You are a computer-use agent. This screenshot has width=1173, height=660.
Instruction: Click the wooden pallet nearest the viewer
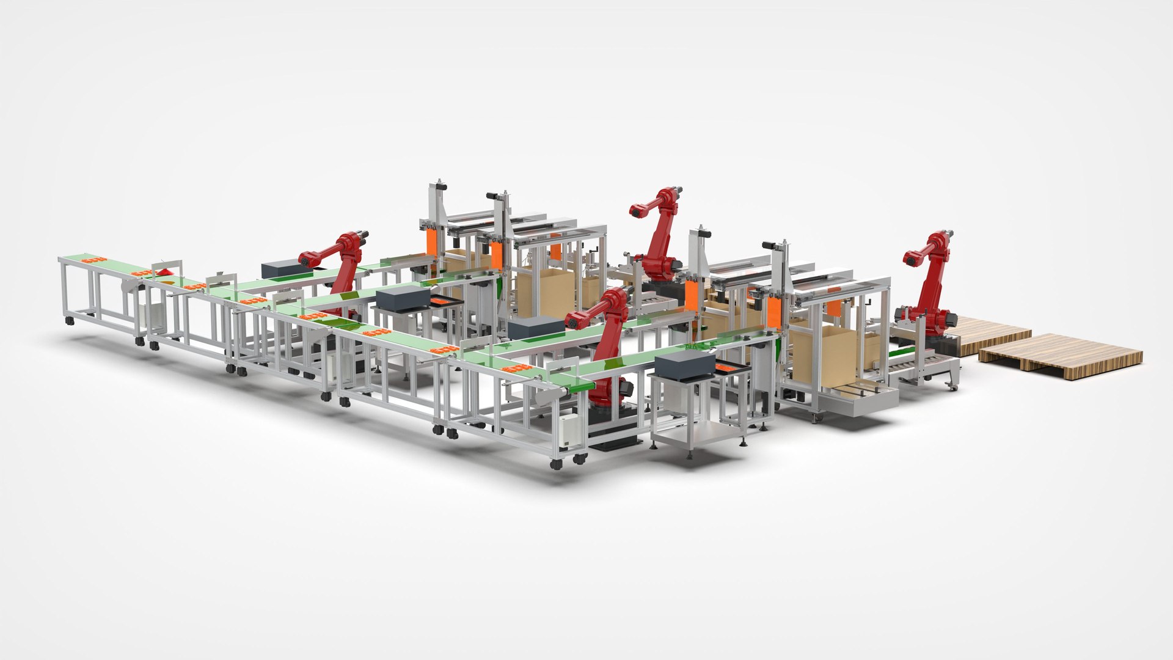[1060, 357]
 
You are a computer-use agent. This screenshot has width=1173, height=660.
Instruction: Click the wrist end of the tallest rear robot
[637, 211]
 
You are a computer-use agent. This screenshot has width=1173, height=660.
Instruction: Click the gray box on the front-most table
[684, 365]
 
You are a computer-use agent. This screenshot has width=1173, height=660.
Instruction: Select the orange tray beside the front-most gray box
[730, 369]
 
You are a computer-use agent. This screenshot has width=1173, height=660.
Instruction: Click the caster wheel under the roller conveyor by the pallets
[951, 386]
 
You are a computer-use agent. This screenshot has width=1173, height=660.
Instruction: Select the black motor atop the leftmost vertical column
[439, 184]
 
